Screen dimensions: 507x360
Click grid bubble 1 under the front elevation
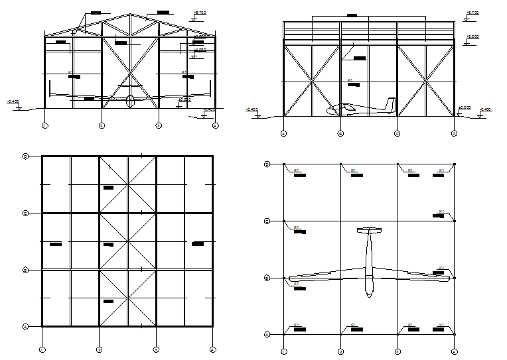44,125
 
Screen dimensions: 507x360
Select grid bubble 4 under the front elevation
215,125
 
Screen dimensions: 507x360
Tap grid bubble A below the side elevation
284,133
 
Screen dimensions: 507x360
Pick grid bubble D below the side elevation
455,133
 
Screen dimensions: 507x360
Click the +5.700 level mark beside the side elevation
472,13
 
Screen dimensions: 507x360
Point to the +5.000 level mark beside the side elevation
472,37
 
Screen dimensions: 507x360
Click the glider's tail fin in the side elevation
390,105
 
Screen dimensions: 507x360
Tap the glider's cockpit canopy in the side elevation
345,107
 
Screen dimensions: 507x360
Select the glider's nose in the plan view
369,294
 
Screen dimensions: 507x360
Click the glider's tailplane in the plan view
369,231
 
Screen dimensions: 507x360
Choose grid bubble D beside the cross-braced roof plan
25,156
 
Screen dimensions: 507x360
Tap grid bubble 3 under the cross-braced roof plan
156,349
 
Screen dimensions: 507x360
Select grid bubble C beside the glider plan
267,221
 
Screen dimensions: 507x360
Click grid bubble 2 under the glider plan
340,351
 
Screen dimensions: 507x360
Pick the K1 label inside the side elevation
350,80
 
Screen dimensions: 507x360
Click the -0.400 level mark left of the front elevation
13,101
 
